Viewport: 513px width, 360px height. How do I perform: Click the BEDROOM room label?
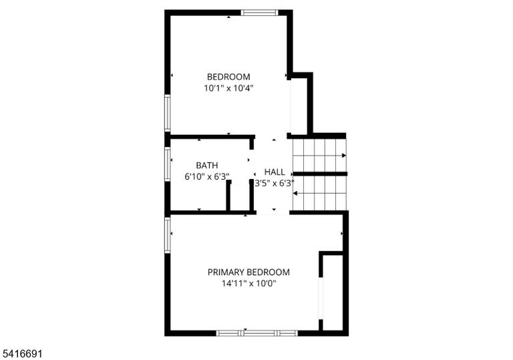[228, 77]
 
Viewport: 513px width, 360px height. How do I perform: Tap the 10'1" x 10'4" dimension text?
[228, 88]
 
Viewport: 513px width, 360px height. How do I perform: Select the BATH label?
[207, 165]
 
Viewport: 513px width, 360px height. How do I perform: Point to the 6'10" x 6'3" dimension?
[207, 177]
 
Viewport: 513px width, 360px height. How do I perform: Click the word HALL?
[275, 172]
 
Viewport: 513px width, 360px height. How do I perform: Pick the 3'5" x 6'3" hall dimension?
[275, 183]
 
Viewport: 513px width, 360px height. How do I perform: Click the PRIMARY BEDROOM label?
[248, 273]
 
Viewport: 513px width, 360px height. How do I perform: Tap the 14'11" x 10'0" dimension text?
[248, 283]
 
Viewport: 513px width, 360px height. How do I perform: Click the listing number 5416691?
[22, 353]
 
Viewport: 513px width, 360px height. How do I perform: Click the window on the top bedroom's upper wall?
[259, 13]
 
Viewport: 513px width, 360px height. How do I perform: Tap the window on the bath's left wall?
[168, 164]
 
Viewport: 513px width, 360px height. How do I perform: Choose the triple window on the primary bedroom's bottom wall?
[257, 333]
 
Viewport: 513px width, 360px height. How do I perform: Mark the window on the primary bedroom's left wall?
[168, 235]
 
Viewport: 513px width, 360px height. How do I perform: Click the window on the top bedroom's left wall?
[168, 113]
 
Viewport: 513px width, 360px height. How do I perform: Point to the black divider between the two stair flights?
[320, 174]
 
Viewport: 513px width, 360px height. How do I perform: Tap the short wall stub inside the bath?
[228, 196]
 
